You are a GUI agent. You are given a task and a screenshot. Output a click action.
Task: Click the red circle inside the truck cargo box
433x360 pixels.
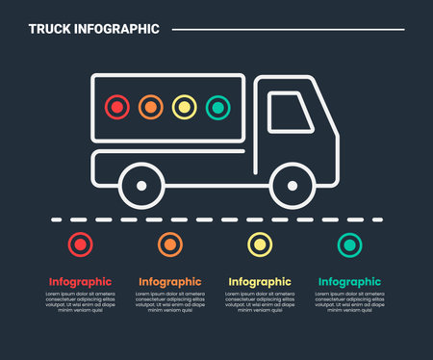pos(116,107)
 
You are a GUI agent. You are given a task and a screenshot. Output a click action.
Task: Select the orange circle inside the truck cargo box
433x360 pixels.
pos(151,107)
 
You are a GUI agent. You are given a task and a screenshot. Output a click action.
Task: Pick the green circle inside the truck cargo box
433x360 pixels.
pos(218,107)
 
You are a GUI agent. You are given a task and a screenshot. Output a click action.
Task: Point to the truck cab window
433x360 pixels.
pos(291,113)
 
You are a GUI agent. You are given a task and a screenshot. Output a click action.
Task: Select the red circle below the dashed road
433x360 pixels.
pos(80,244)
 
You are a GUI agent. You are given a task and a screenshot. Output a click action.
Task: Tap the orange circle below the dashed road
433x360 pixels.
pos(169,244)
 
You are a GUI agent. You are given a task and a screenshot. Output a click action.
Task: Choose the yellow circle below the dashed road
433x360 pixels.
pos(259,244)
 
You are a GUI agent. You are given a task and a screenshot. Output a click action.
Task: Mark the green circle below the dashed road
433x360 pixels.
pos(349,244)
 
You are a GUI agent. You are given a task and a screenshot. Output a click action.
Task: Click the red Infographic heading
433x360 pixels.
pos(80,282)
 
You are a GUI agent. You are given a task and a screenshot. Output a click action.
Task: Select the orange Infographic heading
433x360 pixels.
pos(169,282)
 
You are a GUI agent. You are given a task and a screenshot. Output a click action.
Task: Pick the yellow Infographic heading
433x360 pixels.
pos(259,282)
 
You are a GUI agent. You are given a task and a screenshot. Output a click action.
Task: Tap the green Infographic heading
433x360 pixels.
pos(349,282)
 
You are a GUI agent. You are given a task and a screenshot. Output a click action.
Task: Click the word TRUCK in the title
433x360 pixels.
pos(49,29)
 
